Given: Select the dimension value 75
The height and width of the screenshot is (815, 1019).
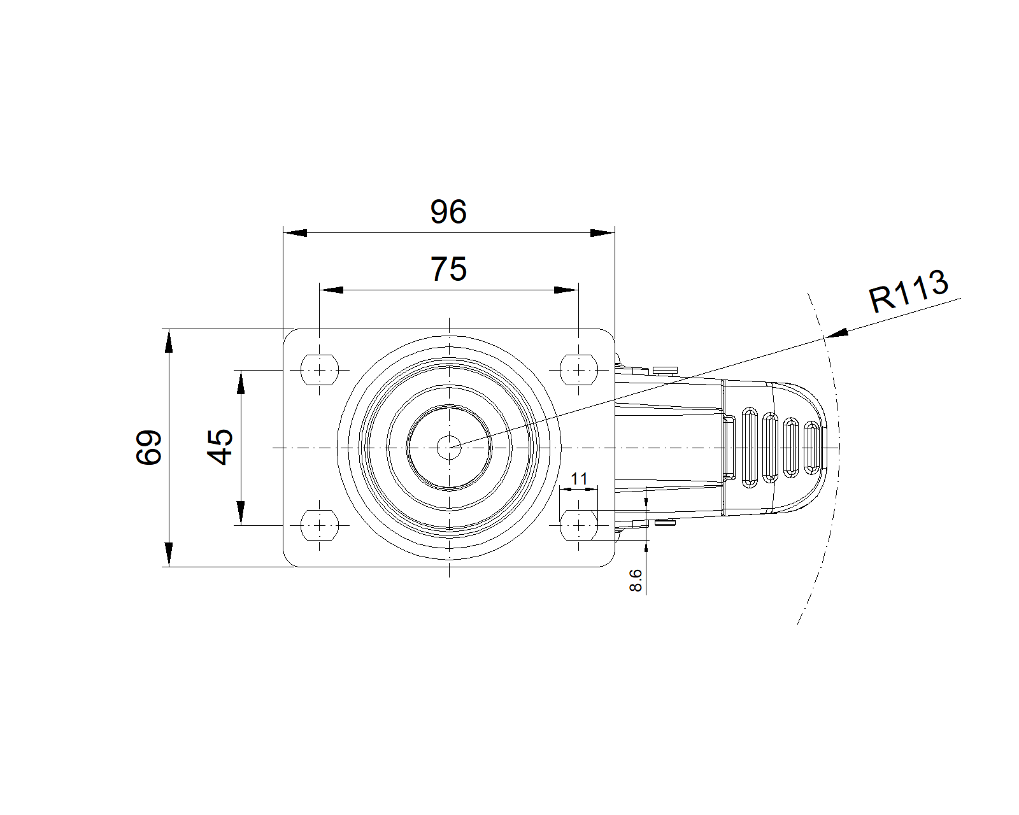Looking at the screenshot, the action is point(448,269).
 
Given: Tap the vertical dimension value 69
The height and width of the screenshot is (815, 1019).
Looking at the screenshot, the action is point(148,448).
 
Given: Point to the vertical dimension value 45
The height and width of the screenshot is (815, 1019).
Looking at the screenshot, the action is point(220,448).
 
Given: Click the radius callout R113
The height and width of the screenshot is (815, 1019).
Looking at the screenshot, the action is point(909,291).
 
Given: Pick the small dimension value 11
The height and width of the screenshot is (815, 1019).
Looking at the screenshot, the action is point(579,479).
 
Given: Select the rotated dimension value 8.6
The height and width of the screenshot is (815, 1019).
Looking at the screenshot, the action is point(636,581).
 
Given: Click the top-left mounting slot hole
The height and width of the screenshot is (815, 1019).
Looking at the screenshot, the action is point(320,370).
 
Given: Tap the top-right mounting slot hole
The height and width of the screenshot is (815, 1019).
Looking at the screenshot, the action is point(579,370).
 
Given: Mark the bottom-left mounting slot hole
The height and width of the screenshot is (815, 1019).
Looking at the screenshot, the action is point(320,525).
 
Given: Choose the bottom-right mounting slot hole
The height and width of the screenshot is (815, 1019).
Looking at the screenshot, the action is point(579,525).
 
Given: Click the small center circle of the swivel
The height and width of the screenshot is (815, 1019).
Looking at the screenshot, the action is point(449,448).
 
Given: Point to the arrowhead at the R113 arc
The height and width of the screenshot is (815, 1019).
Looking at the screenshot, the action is point(836,333).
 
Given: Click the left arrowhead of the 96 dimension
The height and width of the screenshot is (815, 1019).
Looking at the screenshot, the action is point(295,233).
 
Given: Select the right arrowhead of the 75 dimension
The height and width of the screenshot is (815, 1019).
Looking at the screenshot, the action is point(566,290).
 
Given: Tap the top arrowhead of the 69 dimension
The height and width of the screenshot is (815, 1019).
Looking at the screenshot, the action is point(169,341).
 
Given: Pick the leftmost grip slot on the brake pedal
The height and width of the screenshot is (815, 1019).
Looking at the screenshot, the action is point(750,447).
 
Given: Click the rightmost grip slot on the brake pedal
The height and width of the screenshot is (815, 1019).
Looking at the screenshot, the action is point(811,447).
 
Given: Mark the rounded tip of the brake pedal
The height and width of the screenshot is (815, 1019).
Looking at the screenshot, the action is point(826,447).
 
